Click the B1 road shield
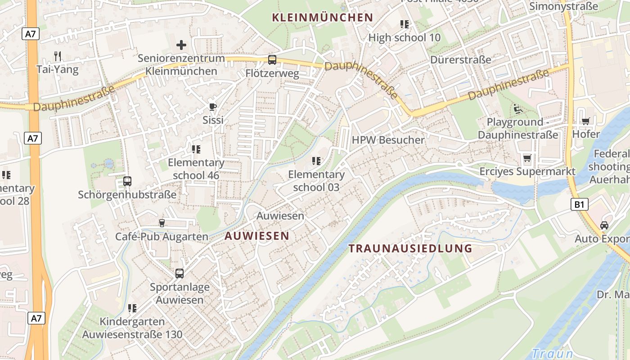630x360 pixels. pyautogui.click(x=580, y=205)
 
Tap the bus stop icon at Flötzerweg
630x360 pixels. pyautogui.click(x=272, y=59)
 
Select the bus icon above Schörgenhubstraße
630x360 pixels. pyautogui.click(x=127, y=181)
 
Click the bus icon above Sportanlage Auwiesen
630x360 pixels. pyautogui.click(x=180, y=273)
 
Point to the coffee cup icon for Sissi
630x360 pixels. pyautogui.click(x=213, y=107)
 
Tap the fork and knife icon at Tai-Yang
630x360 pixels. pyautogui.click(x=57, y=56)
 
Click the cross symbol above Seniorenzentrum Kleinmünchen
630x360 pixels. pyautogui.click(x=181, y=45)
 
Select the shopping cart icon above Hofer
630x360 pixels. pyautogui.click(x=585, y=121)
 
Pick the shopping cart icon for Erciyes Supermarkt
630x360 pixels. pyautogui.click(x=527, y=158)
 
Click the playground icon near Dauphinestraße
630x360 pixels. pyautogui.click(x=517, y=108)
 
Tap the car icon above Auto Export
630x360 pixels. pyautogui.click(x=604, y=225)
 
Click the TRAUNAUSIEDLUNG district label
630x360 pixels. pyautogui.click(x=410, y=248)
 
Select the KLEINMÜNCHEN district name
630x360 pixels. pyautogui.click(x=323, y=18)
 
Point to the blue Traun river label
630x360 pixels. pyautogui.click(x=552, y=353)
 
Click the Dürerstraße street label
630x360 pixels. pyautogui.click(x=460, y=60)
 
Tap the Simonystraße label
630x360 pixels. pyautogui.click(x=563, y=6)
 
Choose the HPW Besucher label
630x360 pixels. pyautogui.click(x=388, y=140)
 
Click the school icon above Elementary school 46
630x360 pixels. pyautogui.click(x=196, y=149)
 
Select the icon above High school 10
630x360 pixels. pyautogui.click(x=404, y=24)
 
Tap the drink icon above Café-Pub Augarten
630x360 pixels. pyautogui.click(x=162, y=223)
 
